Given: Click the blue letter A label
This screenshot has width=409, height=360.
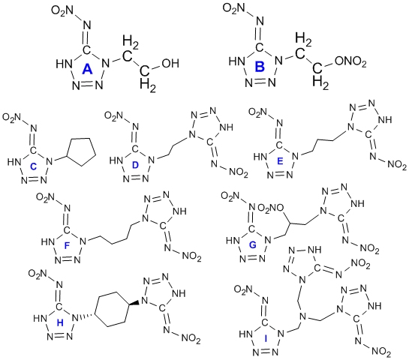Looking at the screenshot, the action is pyautogui.click(x=87, y=70).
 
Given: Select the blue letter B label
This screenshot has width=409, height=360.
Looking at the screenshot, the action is pyautogui.click(x=260, y=67).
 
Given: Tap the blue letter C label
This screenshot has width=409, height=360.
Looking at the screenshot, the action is pyautogui.click(x=33, y=166).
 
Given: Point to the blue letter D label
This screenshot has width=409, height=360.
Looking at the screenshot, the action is pyautogui.click(x=135, y=165).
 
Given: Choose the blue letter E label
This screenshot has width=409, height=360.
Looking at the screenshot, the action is pyautogui.click(x=280, y=161).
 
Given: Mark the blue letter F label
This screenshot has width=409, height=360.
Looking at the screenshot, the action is pyautogui.click(x=67, y=245).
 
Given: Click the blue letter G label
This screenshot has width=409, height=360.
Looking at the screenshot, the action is pyautogui.click(x=252, y=244).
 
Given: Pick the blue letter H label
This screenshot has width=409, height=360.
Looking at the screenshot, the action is pyautogui.click(x=60, y=323).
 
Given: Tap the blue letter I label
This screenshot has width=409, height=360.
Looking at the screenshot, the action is pyautogui.click(x=266, y=338).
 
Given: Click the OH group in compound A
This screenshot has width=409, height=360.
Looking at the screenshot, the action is pyautogui.click(x=170, y=63).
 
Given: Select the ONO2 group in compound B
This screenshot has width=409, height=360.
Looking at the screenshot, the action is pyautogui.click(x=350, y=62).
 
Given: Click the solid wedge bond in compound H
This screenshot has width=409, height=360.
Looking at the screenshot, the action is pyautogui.click(x=134, y=303).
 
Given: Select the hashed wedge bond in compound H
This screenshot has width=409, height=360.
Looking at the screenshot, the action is pyautogui.click(x=88, y=316).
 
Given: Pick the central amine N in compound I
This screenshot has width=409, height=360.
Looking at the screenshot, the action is pyautogui.click(x=302, y=316).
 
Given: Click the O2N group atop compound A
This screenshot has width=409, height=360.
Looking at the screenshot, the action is pyautogui.click(x=62, y=10).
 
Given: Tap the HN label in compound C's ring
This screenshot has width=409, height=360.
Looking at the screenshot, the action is pyautogui.click(x=14, y=162).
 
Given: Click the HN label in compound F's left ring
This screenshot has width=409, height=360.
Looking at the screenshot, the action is pyautogui.click(x=48, y=241).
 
